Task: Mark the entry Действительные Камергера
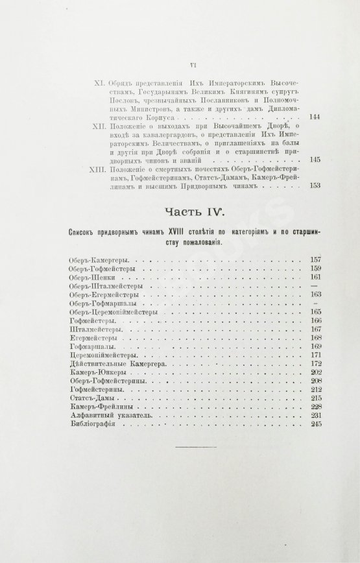(119, 364)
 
